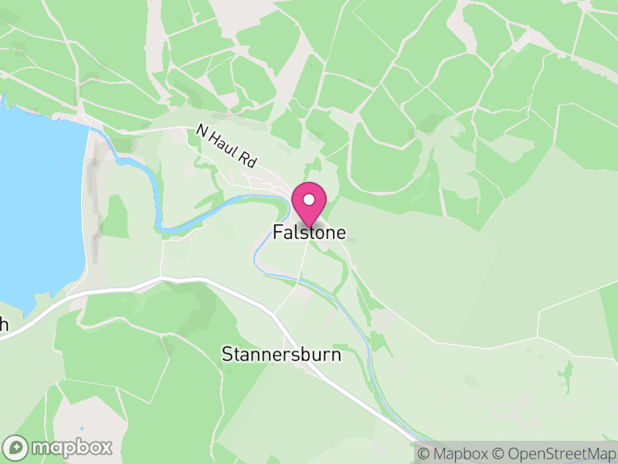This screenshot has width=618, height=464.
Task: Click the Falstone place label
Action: tap(309, 232)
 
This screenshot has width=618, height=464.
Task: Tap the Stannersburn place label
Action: tap(281, 356)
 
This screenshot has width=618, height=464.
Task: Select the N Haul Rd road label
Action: tap(226, 147)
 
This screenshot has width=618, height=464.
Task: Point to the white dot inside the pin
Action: tap(309, 200)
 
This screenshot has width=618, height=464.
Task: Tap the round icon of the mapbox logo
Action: tap(17, 447)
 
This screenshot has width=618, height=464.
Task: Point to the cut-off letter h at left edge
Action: tap(4, 325)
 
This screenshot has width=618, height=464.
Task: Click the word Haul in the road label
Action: tap(226, 146)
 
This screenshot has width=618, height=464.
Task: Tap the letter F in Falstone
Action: tap(277, 232)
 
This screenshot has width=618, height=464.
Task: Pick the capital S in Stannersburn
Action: tap(226, 356)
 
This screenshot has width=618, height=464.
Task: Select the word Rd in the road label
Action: tap(247, 161)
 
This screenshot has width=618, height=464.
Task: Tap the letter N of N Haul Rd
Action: tap(202, 131)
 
